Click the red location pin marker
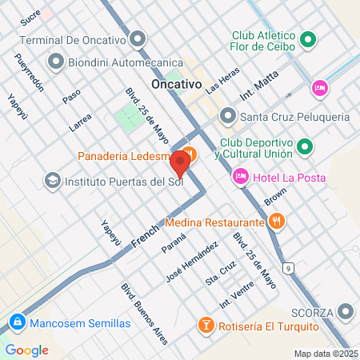coord(180,164)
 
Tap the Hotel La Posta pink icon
coord(239,176)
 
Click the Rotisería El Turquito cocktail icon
coord(206,326)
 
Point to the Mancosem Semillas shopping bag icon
coord(15,323)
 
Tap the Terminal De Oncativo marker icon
coord(141,38)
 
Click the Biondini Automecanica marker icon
coord(56,61)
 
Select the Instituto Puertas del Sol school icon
coord(53,180)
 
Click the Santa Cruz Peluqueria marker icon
coord(228,117)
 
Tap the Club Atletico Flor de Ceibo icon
coord(308,40)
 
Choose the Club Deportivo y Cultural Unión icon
coord(305,146)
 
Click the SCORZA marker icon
coord(346,310)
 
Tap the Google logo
coord(26,350)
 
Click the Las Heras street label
coord(222,79)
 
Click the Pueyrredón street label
coord(26,72)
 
